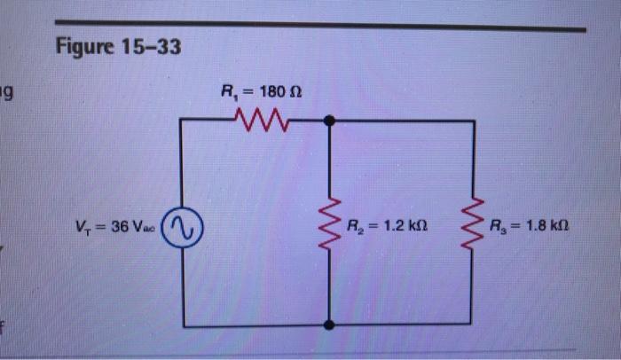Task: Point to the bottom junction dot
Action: pyautogui.click(x=329, y=325)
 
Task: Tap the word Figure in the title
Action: pyautogui.click(x=86, y=46)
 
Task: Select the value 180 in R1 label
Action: pyautogui.click(x=274, y=90)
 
